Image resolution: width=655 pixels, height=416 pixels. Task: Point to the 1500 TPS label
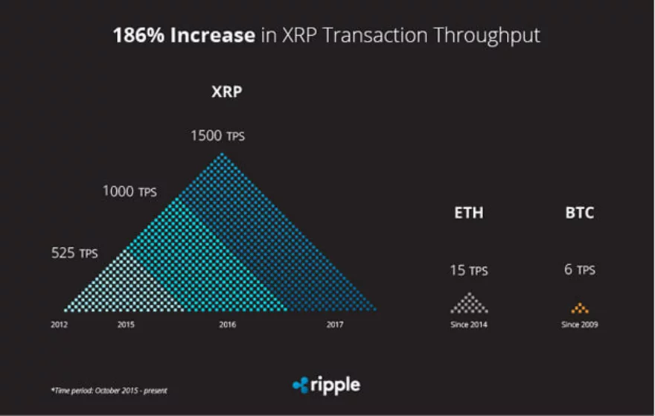coord(217,136)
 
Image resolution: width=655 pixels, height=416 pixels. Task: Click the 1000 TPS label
coord(130,192)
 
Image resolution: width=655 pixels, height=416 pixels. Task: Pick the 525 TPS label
coord(74,253)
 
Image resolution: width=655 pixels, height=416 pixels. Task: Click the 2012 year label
coord(60,325)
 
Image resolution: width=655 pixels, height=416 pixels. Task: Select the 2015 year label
coord(126,325)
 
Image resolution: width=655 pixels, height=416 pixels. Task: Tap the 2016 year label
coord(228,325)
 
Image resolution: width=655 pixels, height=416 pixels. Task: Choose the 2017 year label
coord(335,325)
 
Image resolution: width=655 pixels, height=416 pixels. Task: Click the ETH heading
coord(469,213)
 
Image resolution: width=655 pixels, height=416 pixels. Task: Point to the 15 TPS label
coord(469,270)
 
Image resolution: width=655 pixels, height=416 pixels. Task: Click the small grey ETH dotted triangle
coord(469,304)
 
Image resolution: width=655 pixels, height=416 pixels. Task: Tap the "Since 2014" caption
coord(469,325)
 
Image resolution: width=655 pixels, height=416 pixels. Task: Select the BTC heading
coord(580,213)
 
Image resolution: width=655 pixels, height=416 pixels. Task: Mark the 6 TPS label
coord(580,270)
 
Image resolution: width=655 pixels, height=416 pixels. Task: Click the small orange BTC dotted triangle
coord(580,307)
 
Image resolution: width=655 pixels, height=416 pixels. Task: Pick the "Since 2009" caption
coord(580,325)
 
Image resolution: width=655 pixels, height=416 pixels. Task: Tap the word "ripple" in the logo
coord(336,385)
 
